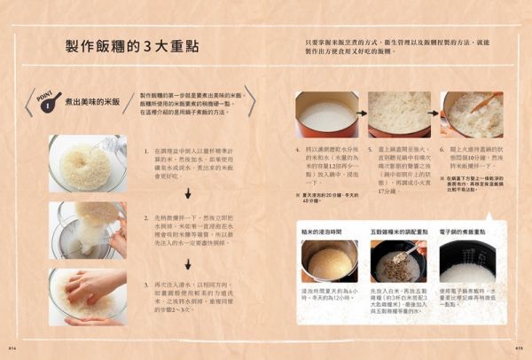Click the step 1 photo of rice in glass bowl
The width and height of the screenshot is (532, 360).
pos(87,163)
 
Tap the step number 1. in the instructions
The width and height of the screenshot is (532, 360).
pos(147,152)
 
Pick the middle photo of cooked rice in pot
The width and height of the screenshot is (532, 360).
pos(398,114)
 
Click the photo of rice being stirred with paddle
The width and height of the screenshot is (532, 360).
pos(472,114)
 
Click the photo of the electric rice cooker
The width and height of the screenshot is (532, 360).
pos(472,262)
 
